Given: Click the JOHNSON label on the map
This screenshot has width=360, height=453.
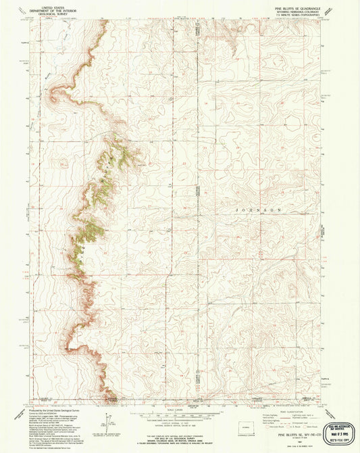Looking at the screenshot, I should point(257,211).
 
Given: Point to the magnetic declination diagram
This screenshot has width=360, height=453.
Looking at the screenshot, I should point(107,418).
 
